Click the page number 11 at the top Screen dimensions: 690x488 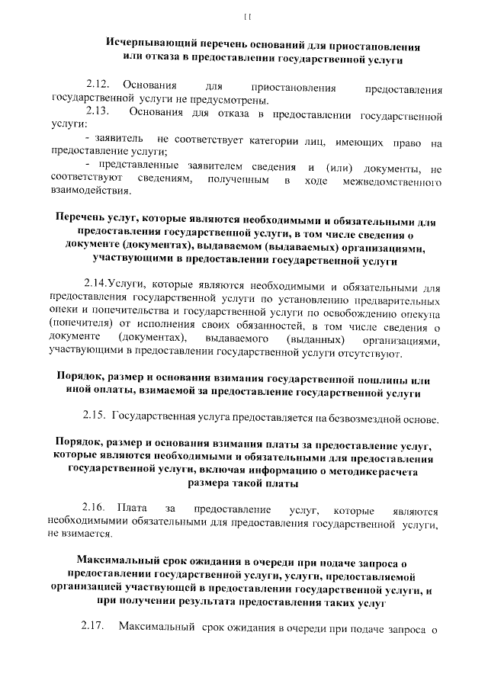246,16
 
